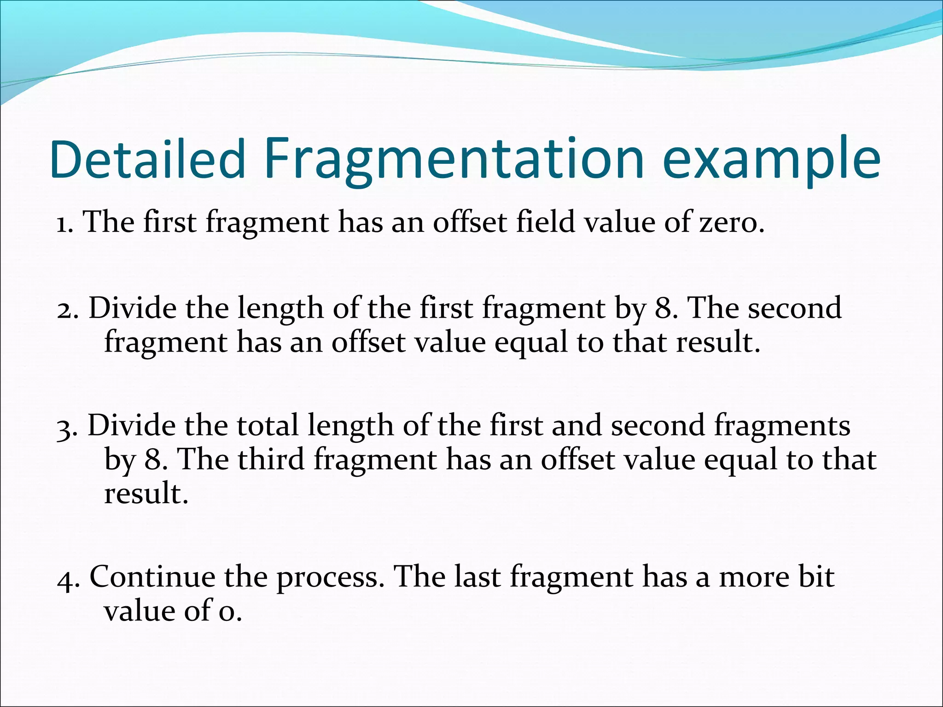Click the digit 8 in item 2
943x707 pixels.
663,308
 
